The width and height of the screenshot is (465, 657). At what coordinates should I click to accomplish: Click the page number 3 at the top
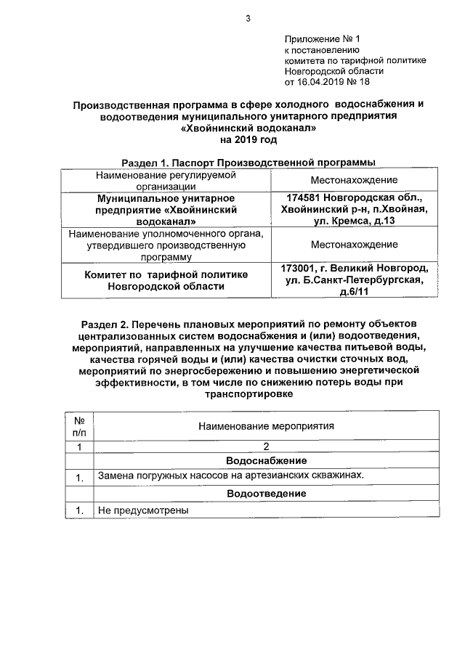click(248, 19)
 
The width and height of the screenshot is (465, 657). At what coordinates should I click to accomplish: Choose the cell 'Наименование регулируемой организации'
click(166, 180)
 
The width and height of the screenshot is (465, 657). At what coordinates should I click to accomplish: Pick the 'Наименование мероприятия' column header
click(266, 427)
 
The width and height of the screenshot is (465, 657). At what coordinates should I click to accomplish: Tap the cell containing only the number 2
click(266, 446)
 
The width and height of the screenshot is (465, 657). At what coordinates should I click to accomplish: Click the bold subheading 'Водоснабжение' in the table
click(266, 461)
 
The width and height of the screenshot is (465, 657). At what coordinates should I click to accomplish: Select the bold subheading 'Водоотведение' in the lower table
click(266, 494)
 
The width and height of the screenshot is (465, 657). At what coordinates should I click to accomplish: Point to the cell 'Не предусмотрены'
click(143, 510)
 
